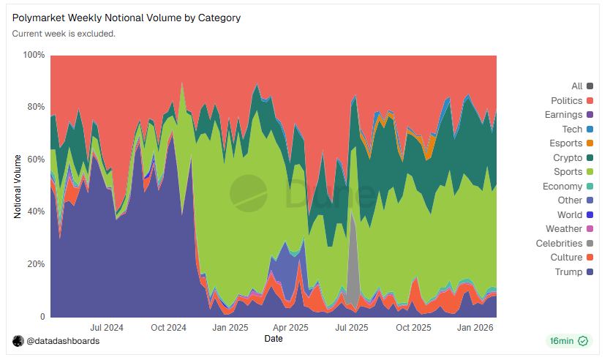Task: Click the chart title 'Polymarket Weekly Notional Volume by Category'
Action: tap(127, 18)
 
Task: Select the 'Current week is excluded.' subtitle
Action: tap(64, 34)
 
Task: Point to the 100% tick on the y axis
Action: tap(34, 55)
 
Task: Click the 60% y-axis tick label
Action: tap(36, 160)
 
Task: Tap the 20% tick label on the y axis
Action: tap(36, 264)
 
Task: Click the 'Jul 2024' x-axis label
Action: tap(106, 327)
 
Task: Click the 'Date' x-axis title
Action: tap(274, 339)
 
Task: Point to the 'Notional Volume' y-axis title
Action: tap(18, 186)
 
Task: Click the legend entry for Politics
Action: tap(567, 101)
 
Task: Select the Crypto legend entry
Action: tap(568, 158)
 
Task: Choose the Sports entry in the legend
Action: tap(568, 172)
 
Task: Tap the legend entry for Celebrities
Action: tap(560, 244)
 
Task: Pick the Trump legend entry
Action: tap(570, 272)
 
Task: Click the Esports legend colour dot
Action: tap(590, 143)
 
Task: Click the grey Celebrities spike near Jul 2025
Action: tap(353, 256)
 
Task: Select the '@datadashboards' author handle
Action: tap(63, 341)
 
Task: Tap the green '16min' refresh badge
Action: tap(568, 341)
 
